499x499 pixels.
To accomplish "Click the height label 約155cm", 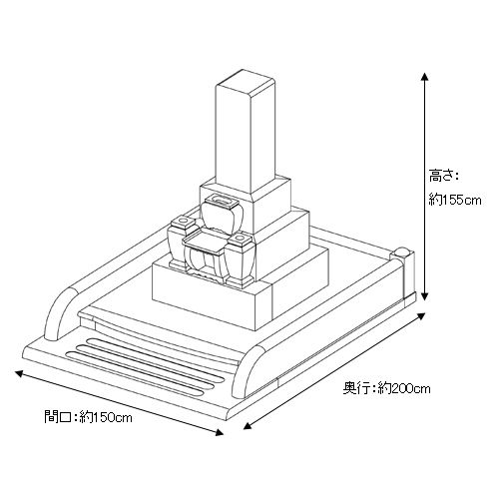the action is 455,200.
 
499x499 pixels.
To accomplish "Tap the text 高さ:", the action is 443,176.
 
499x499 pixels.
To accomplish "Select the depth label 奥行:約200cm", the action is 386,388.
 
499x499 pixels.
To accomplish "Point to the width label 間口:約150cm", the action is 88,416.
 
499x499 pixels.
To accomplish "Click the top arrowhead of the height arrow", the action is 424,76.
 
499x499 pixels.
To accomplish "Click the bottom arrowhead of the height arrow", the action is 424,296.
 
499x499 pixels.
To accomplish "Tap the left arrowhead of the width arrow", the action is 19,373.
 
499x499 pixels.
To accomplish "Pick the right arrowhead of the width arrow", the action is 220,432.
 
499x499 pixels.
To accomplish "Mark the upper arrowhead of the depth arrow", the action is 421,316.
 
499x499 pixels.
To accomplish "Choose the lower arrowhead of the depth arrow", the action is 248,426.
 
